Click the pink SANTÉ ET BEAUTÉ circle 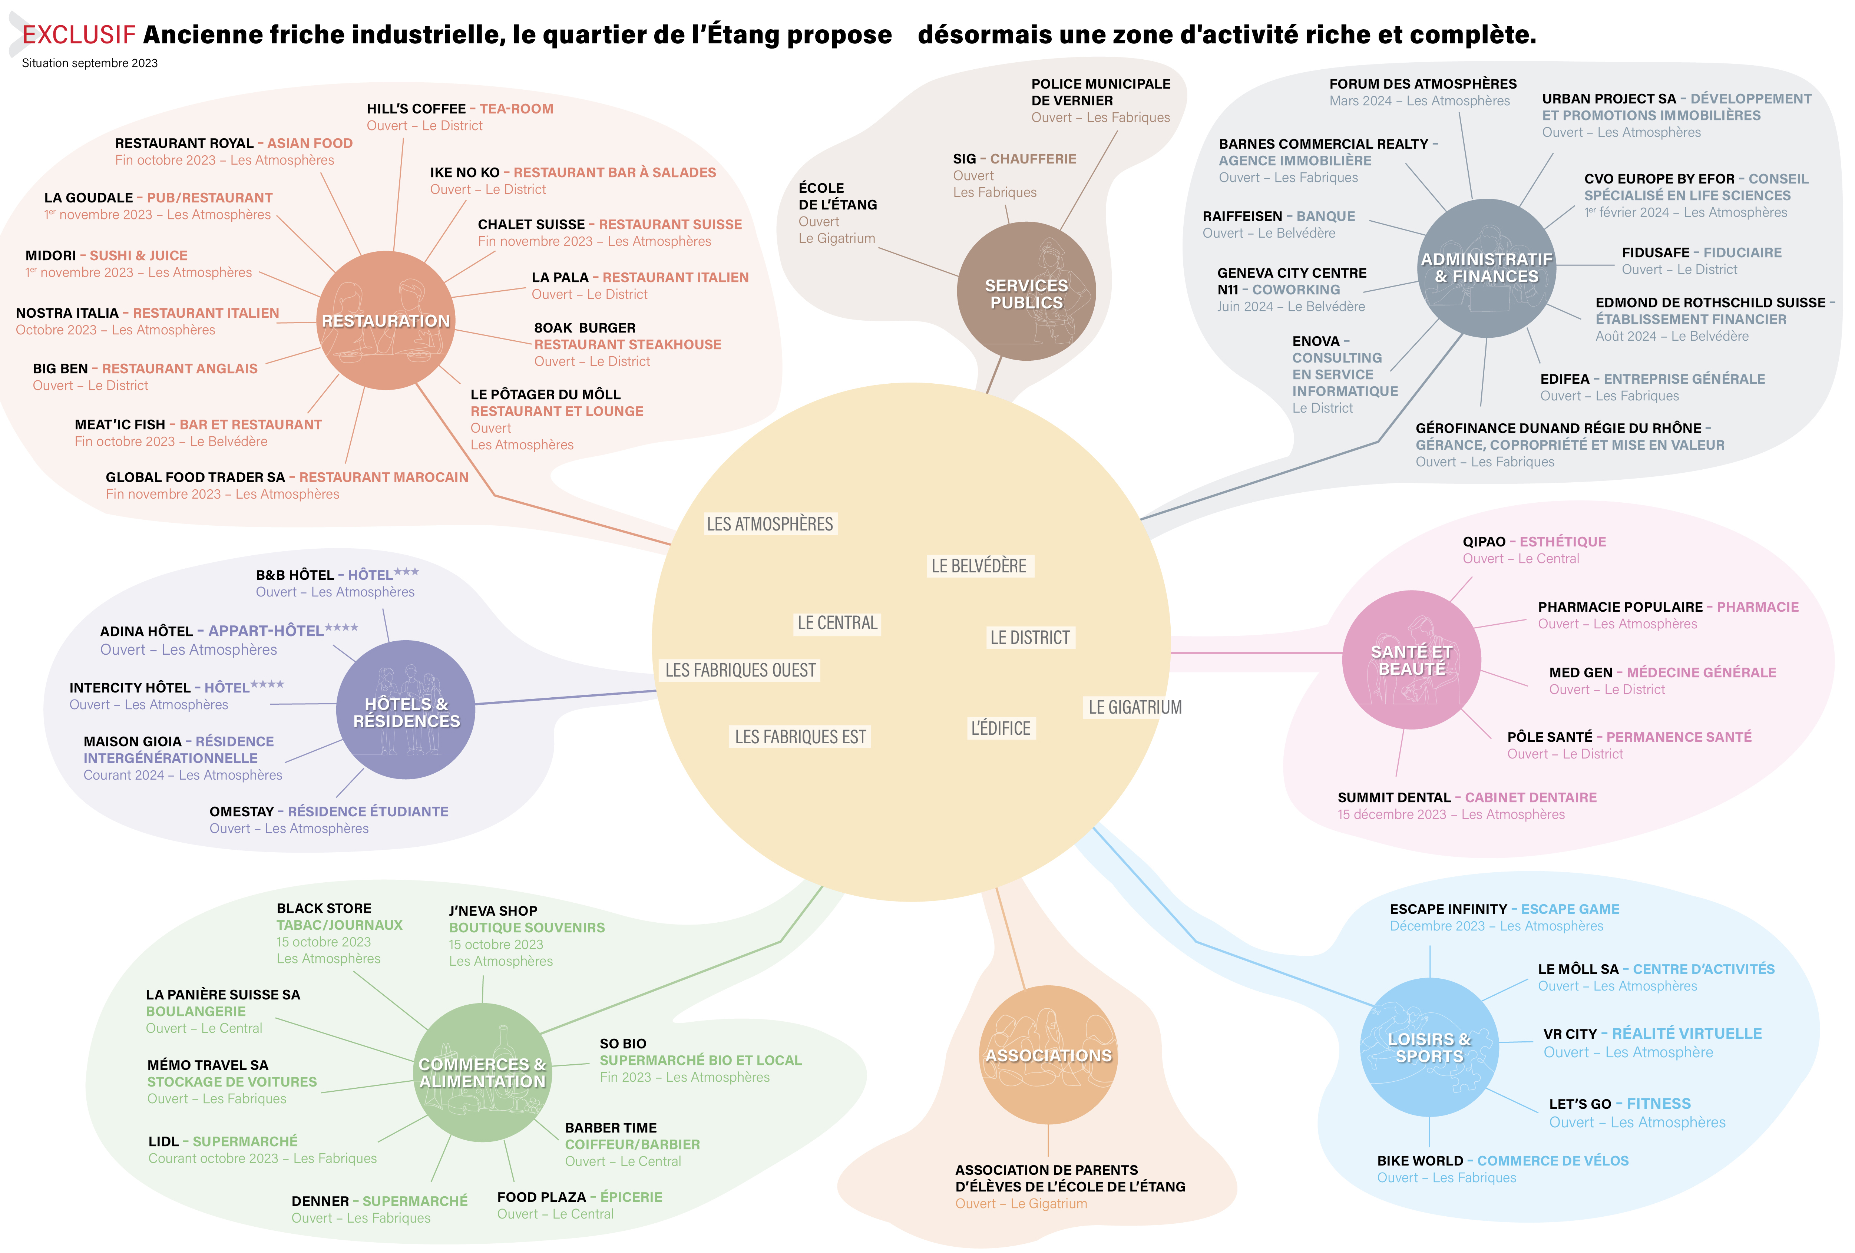coord(1411,660)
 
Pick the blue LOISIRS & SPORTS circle coord(1429,1047)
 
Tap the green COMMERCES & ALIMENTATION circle coord(482,1072)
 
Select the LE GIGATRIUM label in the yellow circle coord(1134,707)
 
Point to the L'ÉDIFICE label coord(1000,728)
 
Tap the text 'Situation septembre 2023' coord(89,63)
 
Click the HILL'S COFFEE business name coord(416,109)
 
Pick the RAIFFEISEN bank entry coord(1242,216)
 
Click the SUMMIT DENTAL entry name coord(1393,797)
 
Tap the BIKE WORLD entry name coord(1419,1160)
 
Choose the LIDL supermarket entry coord(163,1141)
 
